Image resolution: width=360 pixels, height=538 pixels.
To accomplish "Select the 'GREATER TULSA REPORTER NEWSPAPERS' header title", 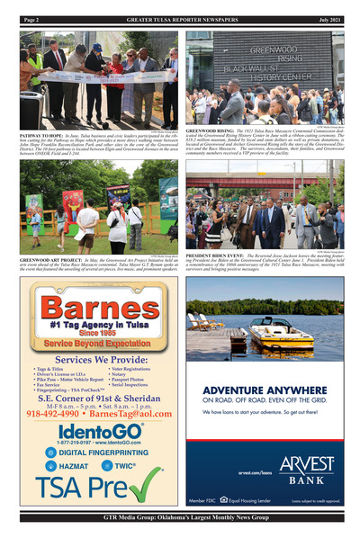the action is (x=180, y=19).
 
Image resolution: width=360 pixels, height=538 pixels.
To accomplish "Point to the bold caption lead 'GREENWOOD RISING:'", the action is (x=210, y=130).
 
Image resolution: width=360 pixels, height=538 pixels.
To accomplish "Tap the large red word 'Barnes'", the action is (x=93, y=304).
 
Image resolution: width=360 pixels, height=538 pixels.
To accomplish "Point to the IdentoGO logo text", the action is (x=92, y=431).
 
